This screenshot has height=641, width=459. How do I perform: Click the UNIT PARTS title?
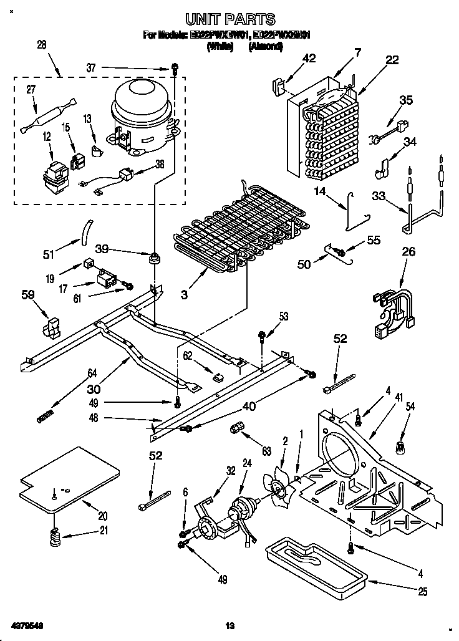pos(230,20)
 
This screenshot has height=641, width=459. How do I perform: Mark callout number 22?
pos(392,60)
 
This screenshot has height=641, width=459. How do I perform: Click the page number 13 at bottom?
pos(229,625)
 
